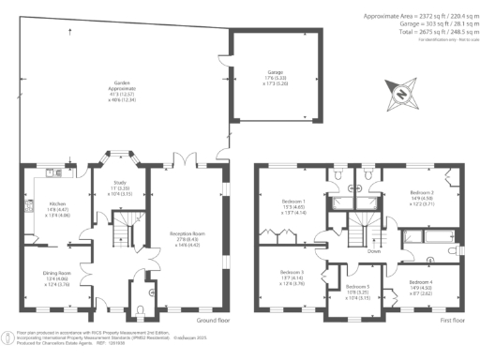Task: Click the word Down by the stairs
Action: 373,251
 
